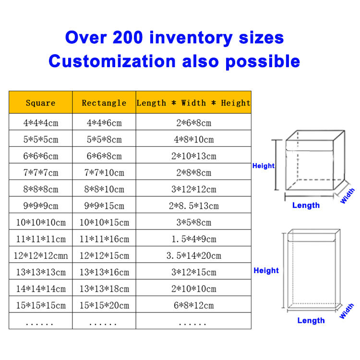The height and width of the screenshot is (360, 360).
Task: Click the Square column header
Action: pyautogui.click(x=41, y=103)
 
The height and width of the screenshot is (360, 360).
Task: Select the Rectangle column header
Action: pyautogui.click(x=104, y=103)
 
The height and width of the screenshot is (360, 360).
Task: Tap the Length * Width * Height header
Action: pyautogui.click(x=193, y=103)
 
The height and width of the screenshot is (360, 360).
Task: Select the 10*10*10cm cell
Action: pyautogui.click(x=41, y=222)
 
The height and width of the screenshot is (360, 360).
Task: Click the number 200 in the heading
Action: pyautogui.click(x=128, y=37)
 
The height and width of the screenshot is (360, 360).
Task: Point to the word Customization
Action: pyautogui.click(x=112, y=61)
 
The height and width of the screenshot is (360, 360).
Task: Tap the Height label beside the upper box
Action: pyautogui.click(x=263, y=166)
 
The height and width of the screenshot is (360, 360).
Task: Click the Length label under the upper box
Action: pyautogui.click(x=306, y=205)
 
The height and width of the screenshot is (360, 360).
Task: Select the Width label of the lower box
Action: pyautogui.click(x=347, y=311)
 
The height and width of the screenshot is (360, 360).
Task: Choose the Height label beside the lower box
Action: pyautogui.click(x=266, y=270)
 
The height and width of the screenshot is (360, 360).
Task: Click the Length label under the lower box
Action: pyautogui.click(x=311, y=321)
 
